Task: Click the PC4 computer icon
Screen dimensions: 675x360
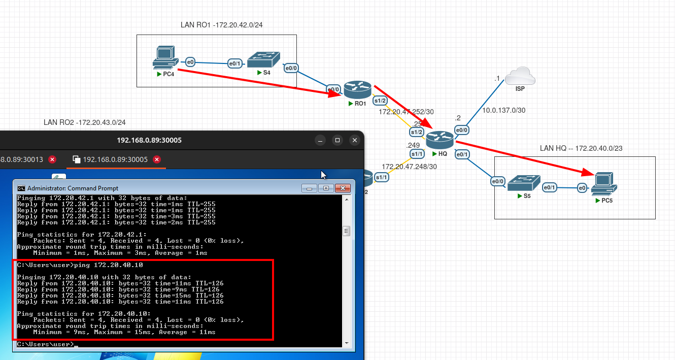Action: (x=165, y=57)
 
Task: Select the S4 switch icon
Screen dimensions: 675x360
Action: (x=264, y=59)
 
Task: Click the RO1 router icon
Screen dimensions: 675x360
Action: (x=358, y=90)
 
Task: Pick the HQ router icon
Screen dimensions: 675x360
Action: (x=440, y=140)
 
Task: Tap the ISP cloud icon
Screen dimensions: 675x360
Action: (x=520, y=76)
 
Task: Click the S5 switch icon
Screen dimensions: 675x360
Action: (x=524, y=183)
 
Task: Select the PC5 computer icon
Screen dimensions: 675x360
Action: (x=604, y=184)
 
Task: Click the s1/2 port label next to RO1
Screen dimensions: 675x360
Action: (x=380, y=101)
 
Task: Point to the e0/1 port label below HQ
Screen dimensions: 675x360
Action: (x=462, y=155)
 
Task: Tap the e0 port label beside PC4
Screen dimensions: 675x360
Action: (x=190, y=62)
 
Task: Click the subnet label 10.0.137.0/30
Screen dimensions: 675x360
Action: (x=503, y=110)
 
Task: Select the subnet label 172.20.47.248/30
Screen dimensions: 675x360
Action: (x=409, y=167)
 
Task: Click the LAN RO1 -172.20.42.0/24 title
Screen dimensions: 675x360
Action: (x=221, y=25)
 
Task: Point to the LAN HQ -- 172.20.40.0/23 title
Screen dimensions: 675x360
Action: (x=581, y=148)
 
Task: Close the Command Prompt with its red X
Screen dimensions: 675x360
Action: (x=343, y=188)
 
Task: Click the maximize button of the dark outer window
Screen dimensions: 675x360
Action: (x=338, y=140)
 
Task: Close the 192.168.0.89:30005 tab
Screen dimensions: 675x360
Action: (x=157, y=159)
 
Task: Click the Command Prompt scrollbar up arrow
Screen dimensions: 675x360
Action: (x=347, y=200)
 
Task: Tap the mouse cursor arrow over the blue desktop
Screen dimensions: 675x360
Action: (x=323, y=175)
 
